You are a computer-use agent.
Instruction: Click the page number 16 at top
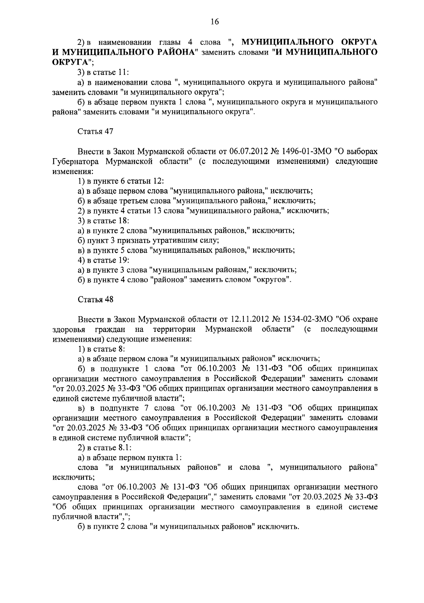pyautogui.click(x=215, y=22)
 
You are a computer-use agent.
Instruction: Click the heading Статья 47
pyautogui.click(x=95, y=132)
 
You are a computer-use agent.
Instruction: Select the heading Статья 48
pyautogui.click(x=95, y=299)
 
